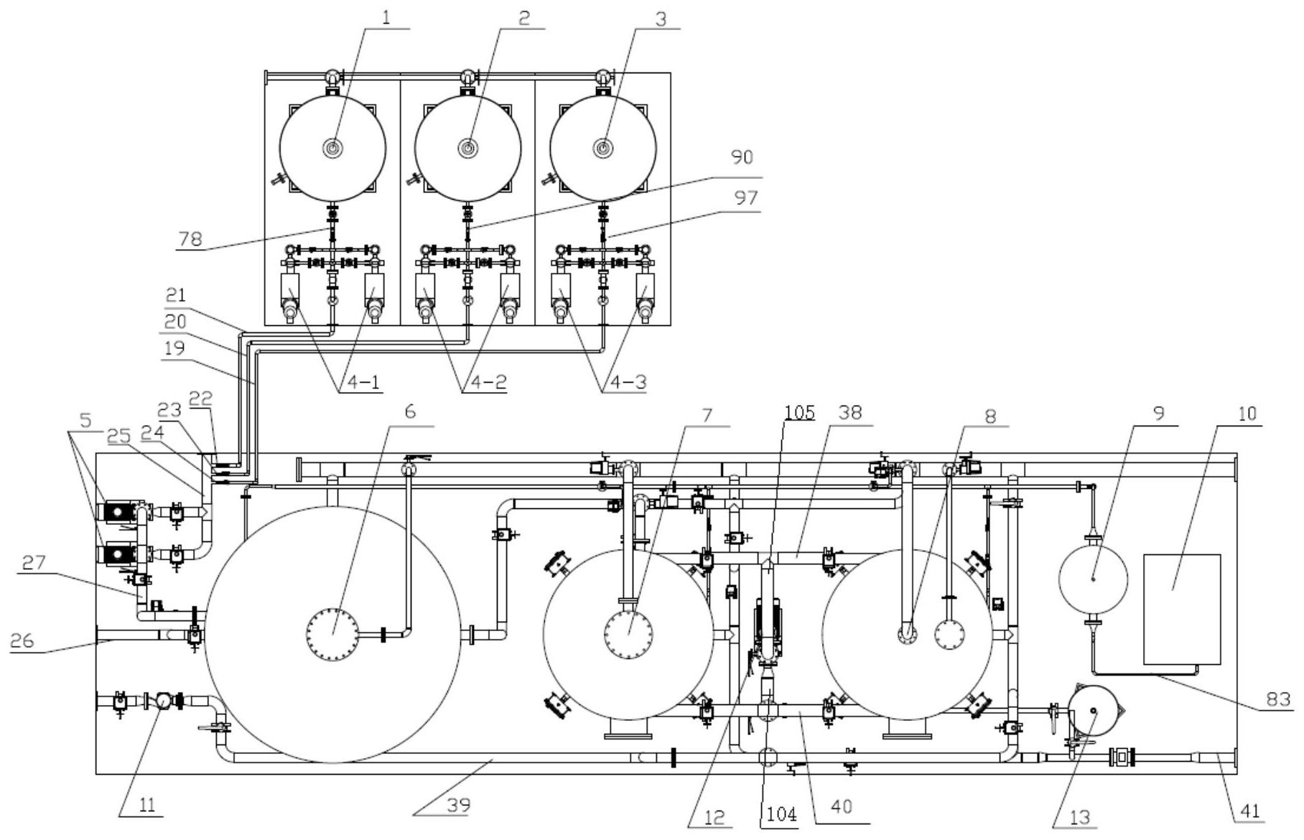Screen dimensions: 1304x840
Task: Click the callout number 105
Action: [x=799, y=412]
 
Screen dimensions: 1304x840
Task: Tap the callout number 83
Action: [x=1278, y=699]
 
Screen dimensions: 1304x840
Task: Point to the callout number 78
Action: [x=190, y=238]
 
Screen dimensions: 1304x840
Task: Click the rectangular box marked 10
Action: [x=1182, y=609]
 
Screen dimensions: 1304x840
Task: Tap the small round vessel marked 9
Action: [x=1094, y=579]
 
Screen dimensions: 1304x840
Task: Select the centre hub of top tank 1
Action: [x=332, y=148]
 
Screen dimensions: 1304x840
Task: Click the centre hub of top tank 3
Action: [x=603, y=148]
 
